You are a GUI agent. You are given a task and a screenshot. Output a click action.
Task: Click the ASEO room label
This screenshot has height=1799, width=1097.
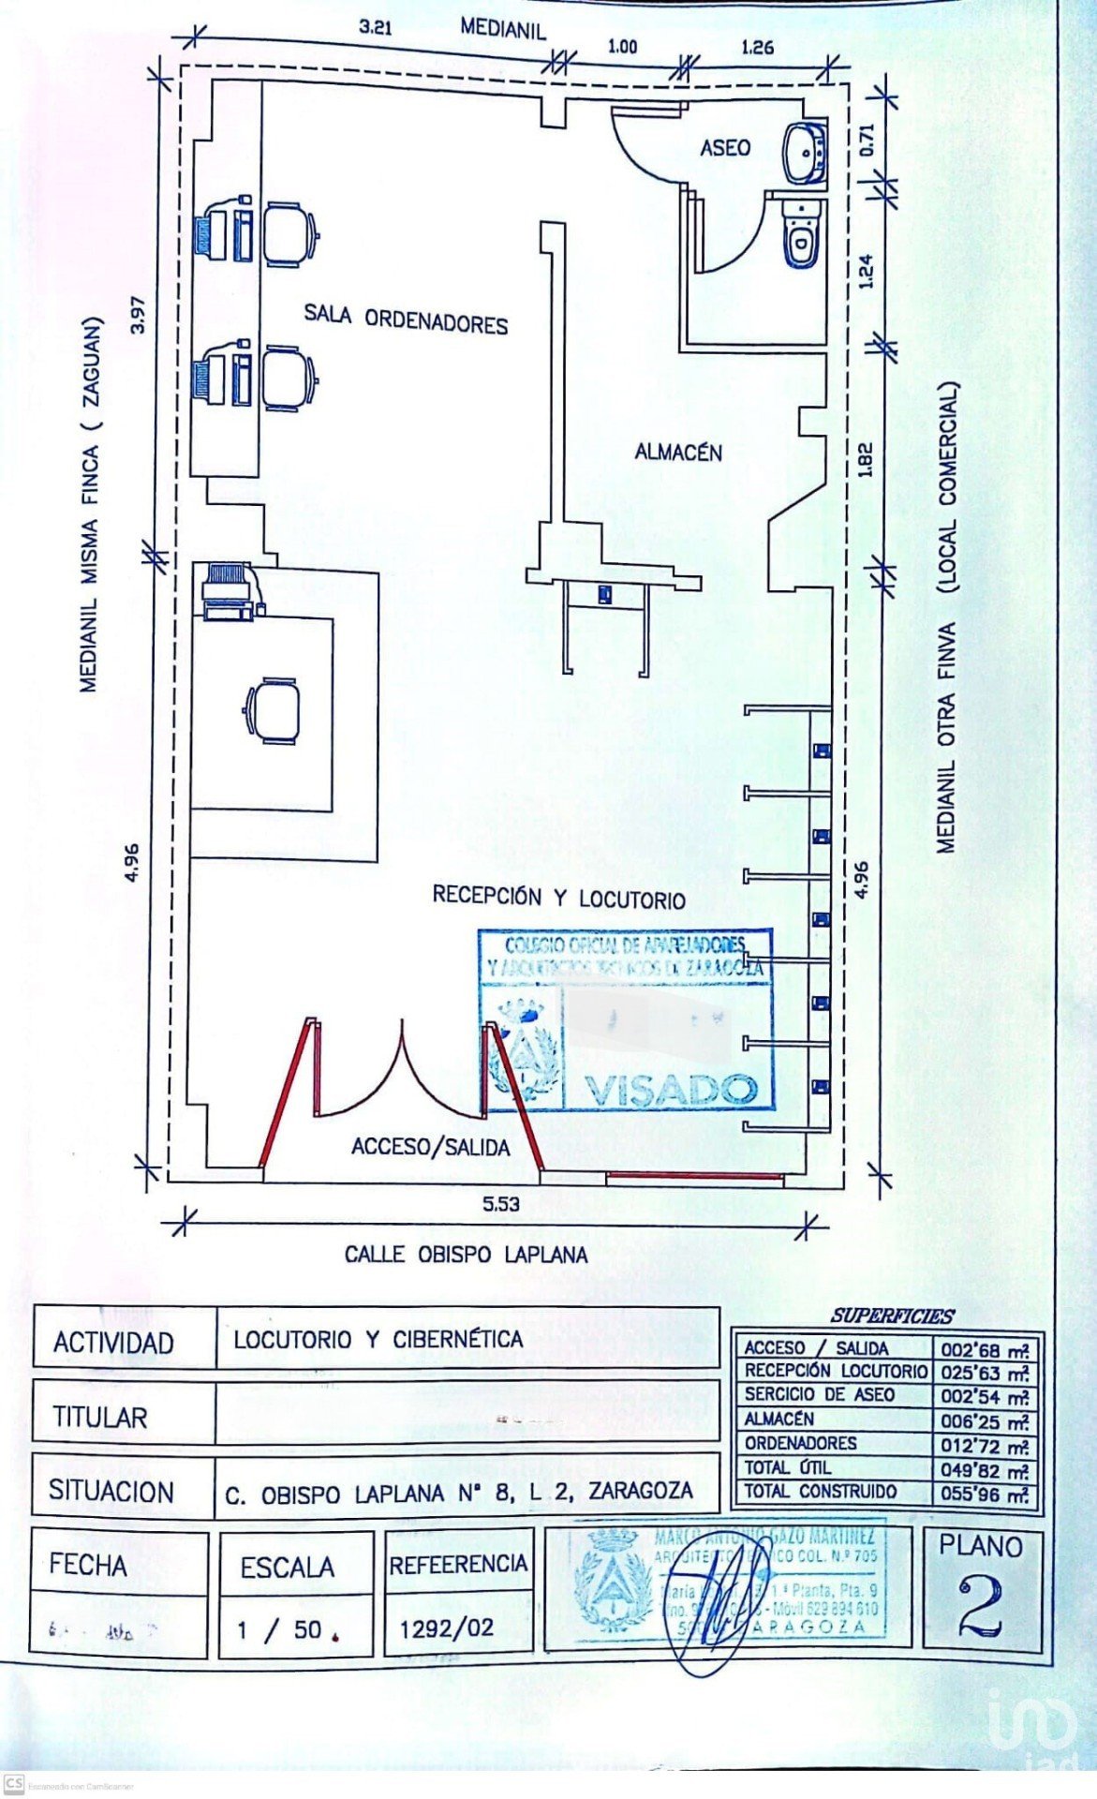tap(725, 147)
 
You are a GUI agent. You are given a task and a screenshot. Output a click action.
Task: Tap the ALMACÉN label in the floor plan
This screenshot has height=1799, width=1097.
tap(678, 453)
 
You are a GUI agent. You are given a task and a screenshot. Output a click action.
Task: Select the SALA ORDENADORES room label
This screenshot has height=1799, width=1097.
tap(406, 319)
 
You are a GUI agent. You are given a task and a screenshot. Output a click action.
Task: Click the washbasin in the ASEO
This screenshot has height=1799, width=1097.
tap(803, 152)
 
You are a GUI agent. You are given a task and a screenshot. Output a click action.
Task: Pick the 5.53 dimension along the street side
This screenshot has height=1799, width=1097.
tap(501, 1204)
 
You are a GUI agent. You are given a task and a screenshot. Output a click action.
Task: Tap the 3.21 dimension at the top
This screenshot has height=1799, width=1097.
tap(375, 27)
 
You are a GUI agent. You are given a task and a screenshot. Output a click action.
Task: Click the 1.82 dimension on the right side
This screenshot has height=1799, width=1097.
tap(865, 459)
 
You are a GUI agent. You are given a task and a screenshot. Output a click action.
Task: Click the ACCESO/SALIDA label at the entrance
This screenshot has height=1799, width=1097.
tap(430, 1147)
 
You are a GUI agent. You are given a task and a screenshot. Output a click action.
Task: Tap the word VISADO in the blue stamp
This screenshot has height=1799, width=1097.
tap(671, 1090)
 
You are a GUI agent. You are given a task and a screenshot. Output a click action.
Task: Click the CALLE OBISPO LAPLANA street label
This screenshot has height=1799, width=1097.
tap(466, 1255)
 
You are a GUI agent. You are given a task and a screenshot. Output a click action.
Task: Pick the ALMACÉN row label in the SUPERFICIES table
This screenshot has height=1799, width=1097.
tap(778, 1420)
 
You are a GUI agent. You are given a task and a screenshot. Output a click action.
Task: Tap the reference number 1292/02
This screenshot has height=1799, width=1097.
tap(447, 1628)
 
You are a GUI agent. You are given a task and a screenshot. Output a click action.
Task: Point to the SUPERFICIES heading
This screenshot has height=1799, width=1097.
tap(891, 1316)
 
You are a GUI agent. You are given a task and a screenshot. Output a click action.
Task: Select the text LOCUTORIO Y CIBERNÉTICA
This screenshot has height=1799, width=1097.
tap(378, 1339)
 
